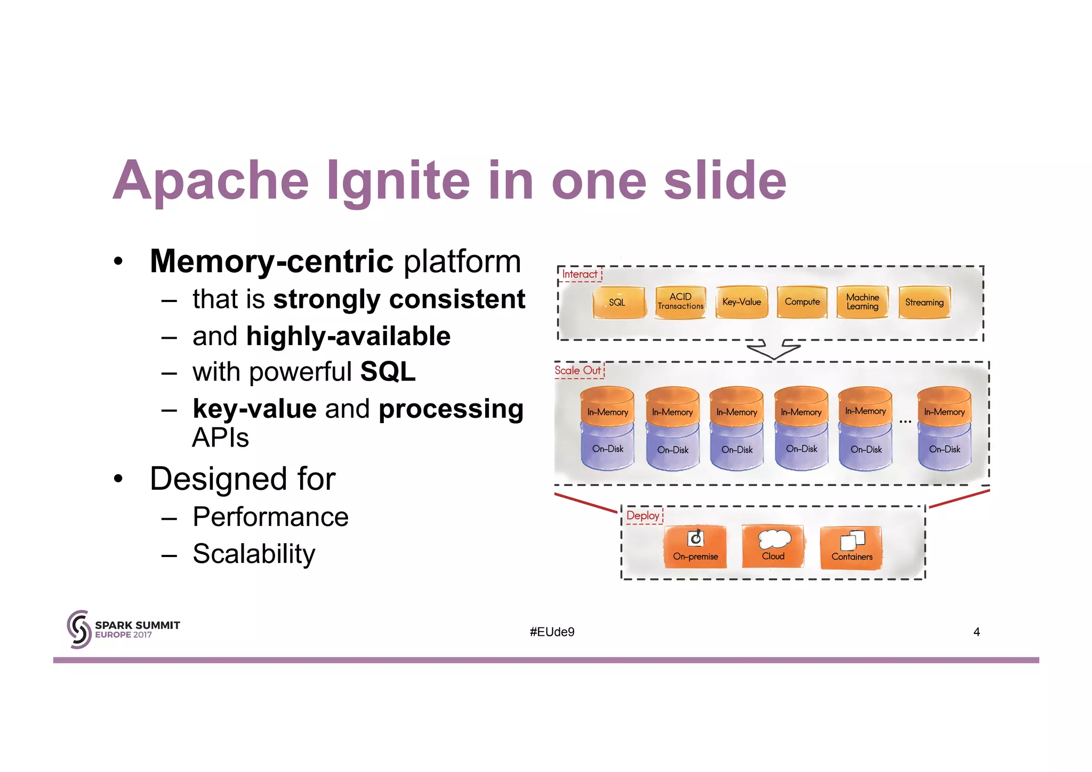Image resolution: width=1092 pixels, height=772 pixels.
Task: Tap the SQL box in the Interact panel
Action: coord(618,303)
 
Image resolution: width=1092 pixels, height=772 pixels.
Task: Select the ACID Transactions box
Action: coord(680,302)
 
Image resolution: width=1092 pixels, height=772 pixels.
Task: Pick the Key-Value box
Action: coord(742,302)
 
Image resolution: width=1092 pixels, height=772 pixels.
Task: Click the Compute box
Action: coord(802,302)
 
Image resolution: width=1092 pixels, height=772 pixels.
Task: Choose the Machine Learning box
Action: coord(862,302)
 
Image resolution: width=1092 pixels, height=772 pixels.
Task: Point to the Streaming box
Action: coord(924,303)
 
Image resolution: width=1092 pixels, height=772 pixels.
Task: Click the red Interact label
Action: coord(580,274)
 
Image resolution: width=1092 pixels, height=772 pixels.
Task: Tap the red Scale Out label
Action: coord(578,370)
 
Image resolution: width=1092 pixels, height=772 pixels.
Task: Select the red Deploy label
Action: coord(643,515)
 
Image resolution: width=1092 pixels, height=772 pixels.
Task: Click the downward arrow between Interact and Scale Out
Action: coord(773,350)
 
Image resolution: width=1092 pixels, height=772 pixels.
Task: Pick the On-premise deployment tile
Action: coord(695,547)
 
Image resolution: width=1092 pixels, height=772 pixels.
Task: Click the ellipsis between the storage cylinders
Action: coord(905,422)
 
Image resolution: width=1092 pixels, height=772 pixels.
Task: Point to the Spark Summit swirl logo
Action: coord(79,630)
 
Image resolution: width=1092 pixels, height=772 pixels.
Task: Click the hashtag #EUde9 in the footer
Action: coord(552,632)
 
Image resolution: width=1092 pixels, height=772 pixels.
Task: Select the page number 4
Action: coord(976,632)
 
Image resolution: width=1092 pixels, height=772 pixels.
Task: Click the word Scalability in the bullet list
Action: coord(254,554)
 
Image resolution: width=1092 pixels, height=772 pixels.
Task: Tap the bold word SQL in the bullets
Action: coord(388,372)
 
